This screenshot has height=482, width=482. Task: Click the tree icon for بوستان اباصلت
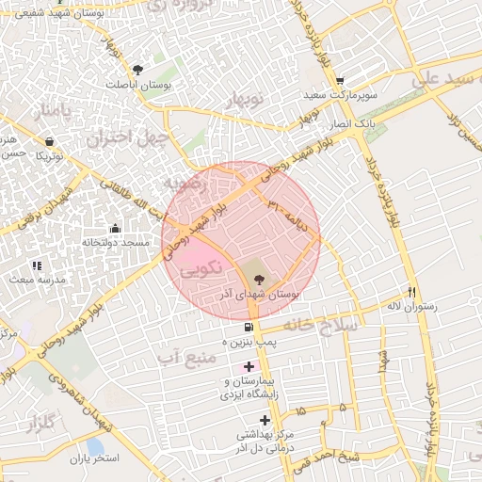(x=138, y=69)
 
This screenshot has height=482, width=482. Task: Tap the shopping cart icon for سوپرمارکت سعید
(x=340, y=81)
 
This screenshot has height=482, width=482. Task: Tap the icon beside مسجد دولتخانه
(x=115, y=227)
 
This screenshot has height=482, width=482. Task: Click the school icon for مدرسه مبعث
(x=37, y=265)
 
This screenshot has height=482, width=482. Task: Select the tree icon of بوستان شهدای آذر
(x=258, y=277)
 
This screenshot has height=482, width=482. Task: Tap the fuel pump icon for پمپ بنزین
(x=248, y=327)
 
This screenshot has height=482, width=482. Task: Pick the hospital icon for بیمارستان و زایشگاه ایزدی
(x=249, y=365)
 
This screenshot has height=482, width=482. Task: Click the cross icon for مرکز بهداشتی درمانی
(x=265, y=419)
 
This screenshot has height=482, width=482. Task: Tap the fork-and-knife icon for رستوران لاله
(x=411, y=292)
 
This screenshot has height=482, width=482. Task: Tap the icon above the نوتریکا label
(x=49, y=141)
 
